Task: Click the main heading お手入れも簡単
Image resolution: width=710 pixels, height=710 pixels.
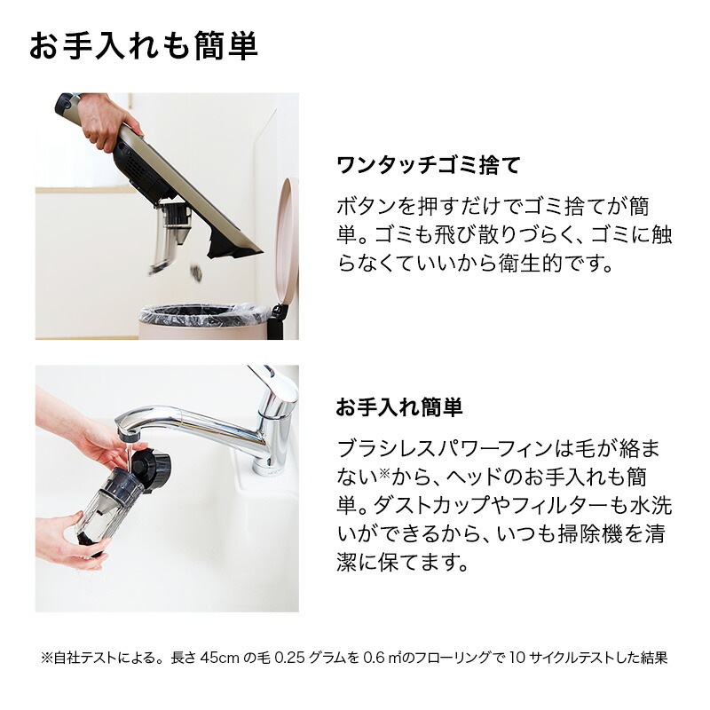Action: click(x=144, y=46)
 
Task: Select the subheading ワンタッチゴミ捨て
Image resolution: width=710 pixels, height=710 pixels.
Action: click(x=427, y=165)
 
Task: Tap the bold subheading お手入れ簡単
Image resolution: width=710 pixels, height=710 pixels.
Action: click(x=399, y=407)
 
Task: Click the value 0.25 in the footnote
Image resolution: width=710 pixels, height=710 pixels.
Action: click(x=304, y=659)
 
